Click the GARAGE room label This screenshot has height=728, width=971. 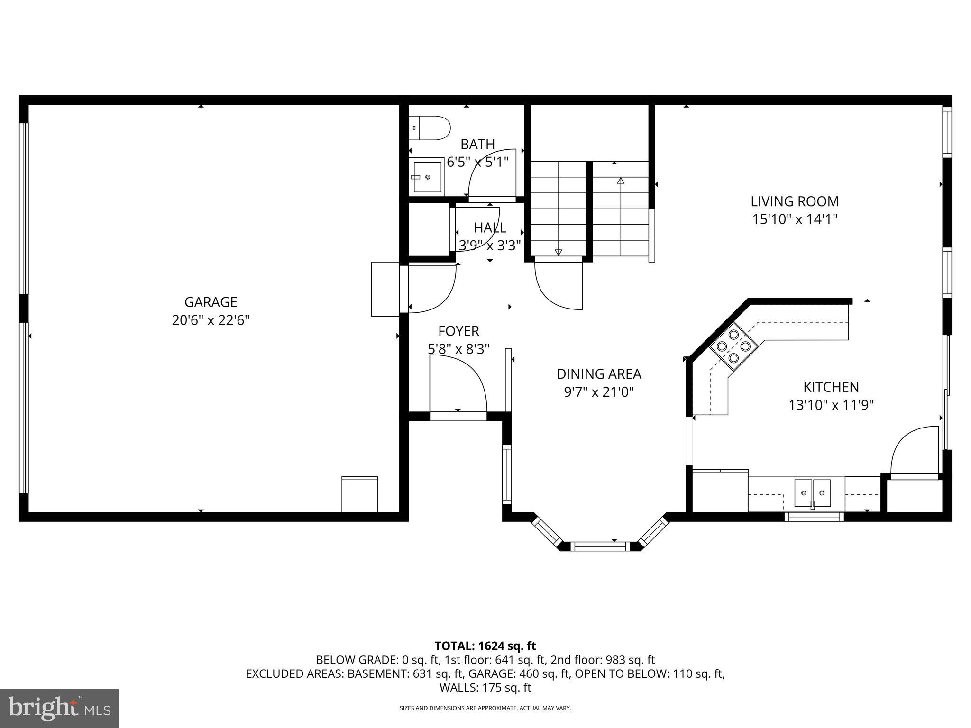pos(211,302)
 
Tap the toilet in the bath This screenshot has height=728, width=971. pos(429,128)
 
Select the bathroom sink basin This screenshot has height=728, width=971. pos(428,177)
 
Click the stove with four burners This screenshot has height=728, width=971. pos(733,346)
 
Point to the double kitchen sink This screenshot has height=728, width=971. pos(813,493)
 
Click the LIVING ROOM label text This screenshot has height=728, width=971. pos(795,201)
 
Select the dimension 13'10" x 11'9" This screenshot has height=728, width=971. pos(831,405)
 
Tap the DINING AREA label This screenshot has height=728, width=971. pos(599,374)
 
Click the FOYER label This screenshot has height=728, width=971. pos(458,331)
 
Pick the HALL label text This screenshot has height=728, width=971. pos(490,227)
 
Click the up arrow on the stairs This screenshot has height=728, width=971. pos(621,181)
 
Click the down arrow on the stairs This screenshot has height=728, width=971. pos(558,252)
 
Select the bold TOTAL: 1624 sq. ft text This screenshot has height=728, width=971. pos(485,646)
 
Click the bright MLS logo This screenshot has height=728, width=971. pos(59,708)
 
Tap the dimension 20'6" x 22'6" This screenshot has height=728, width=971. pos(211,320)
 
